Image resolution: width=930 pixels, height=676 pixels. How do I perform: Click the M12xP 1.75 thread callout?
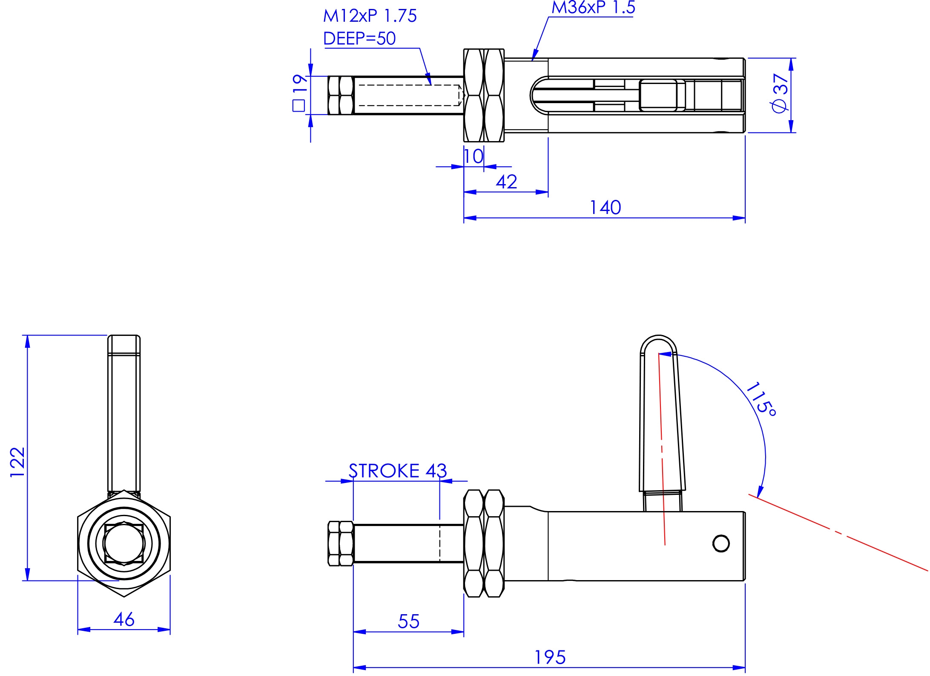click(370, 16)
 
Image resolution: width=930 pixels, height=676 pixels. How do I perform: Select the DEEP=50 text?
click(359, 39)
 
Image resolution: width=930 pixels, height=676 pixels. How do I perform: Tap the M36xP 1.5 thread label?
click(593, 8)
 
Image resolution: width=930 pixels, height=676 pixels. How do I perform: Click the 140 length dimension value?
click(605, 208)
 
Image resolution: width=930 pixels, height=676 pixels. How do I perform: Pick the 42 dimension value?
click(506, 182)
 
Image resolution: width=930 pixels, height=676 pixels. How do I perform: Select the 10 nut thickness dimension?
click(474, 156)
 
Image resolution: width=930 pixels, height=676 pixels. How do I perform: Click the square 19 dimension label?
click(300, 92)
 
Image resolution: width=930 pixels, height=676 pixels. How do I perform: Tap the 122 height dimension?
click(18, 462)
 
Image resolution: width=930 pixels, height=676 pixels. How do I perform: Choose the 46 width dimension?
click(124, 619)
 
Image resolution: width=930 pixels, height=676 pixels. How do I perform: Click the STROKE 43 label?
click(397, 471)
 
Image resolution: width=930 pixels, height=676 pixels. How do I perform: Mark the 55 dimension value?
click(408, 621)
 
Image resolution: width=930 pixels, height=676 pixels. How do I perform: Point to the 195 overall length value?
click(550, 657)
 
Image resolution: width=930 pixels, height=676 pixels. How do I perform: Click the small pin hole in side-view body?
click(721, 543)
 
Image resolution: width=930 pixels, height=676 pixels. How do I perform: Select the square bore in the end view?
click(124, 544)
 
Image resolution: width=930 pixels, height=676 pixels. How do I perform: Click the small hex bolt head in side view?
click(341, 543)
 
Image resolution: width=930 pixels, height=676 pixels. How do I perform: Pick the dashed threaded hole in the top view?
click(409, 95)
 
